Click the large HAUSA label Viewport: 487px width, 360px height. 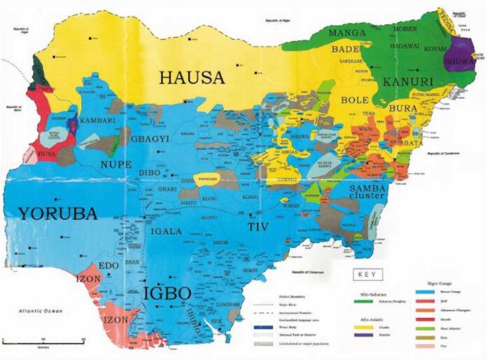click(192, 77)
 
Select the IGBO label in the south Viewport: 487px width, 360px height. click(167, 293)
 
